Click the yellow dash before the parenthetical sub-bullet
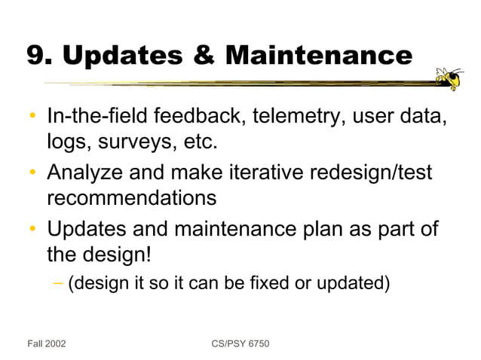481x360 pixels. point(58,284)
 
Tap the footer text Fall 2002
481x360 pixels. point(46,343)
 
